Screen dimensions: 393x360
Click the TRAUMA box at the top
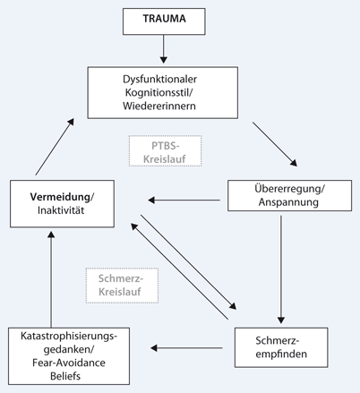pyautogui.click(x=178, y=19)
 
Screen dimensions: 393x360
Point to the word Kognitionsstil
pyautogui.click(x=176, y=92)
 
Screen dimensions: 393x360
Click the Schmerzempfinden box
pyautogui.click(x=280, y=349)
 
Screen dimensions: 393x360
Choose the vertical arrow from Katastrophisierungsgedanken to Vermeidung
pyautogui.click(x=51, y=272)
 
